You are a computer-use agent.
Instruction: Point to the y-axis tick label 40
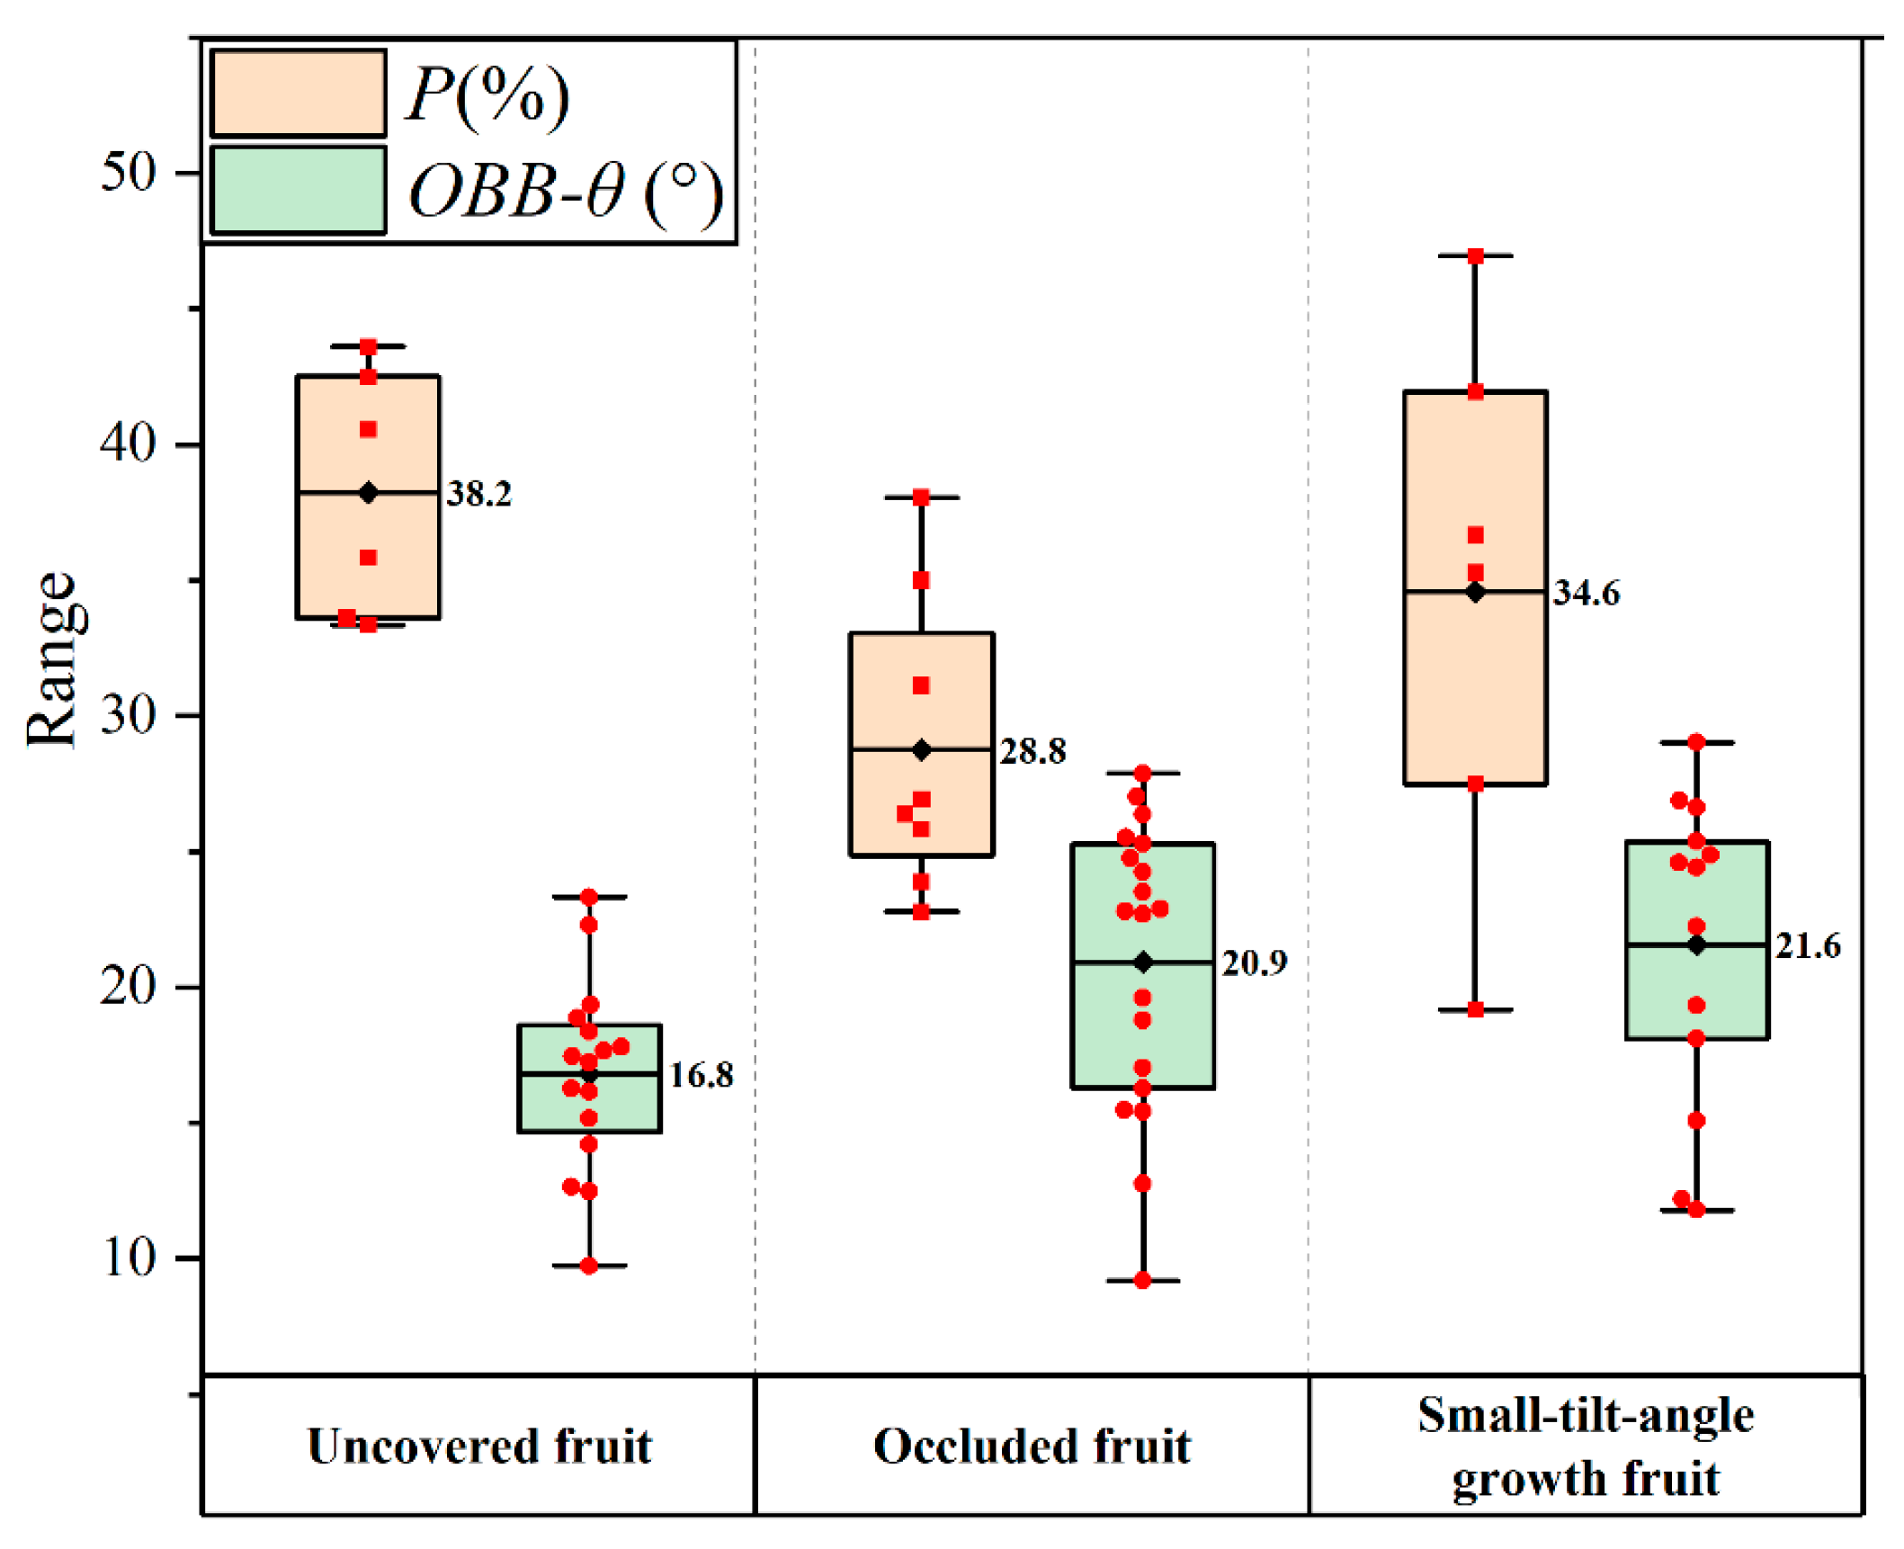pyautogui.click(x=128, y=443)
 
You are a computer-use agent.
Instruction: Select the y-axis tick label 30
pyautogui.click(x=128, y=714)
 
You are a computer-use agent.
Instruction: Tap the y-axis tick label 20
pyautogui.click(x=128, y=986)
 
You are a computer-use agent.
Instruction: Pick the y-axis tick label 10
pyautogui.click(x=128, y=1257)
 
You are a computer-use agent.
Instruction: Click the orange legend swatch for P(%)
pyautogui.click(x=299, y=94)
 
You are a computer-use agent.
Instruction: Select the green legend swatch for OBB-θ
pyautogui.click(x=299, y=190)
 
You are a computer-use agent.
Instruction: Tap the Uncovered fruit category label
pyautogui.click(x=479, y=1447)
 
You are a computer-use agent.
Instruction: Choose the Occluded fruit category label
pyautogui.click(x=1032, y=1447)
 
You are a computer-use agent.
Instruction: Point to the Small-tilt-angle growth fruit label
pyautogui.click(x=1586, y=1447)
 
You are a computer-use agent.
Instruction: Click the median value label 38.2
pyautogui.click(x=479, y=494)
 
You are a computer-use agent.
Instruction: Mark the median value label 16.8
pyautogui.click(x=702, y=1075)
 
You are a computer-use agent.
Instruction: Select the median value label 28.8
pyautogui.click(x=1033, y=751)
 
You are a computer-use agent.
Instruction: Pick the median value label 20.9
pyautogui.click(x=1255, y=963)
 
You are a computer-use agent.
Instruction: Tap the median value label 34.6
pyautogui.click(x=1587, y=593)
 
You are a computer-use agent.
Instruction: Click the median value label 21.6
pyautogui.click(x=1808, y=946)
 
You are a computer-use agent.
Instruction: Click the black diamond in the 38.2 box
pyautogui.click(x=368, y=493)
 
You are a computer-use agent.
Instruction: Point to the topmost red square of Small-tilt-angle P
pyautogui.click(x=1476, y=256)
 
